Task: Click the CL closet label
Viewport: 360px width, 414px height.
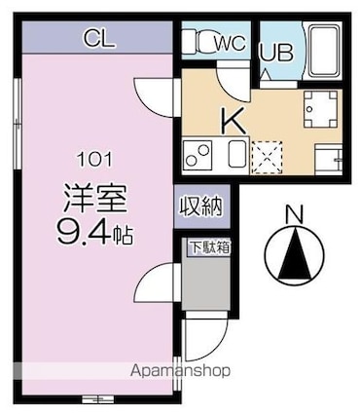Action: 99,38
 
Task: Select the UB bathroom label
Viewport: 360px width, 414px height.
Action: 276,52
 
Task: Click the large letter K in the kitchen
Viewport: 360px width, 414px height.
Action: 233,120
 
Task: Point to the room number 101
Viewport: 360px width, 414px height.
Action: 94,160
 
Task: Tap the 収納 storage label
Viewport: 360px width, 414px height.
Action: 201,207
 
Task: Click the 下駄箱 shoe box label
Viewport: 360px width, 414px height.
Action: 210,248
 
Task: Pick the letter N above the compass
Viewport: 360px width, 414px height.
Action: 294,215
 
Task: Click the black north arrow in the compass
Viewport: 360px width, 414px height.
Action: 294,253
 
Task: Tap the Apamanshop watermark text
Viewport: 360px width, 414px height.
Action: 180,371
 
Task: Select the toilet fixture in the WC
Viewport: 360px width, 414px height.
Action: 200,41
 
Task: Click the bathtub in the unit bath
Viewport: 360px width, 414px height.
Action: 324,53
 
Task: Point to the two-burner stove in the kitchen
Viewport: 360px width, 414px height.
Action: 198,155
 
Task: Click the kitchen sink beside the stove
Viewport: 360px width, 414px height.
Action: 236,155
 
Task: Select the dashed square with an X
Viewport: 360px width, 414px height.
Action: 268,157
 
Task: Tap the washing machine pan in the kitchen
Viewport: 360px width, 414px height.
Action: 320,109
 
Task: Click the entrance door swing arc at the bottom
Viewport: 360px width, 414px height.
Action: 205,340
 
